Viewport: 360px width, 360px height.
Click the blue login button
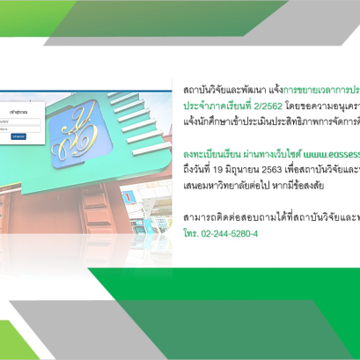click(x=18, y=137)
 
